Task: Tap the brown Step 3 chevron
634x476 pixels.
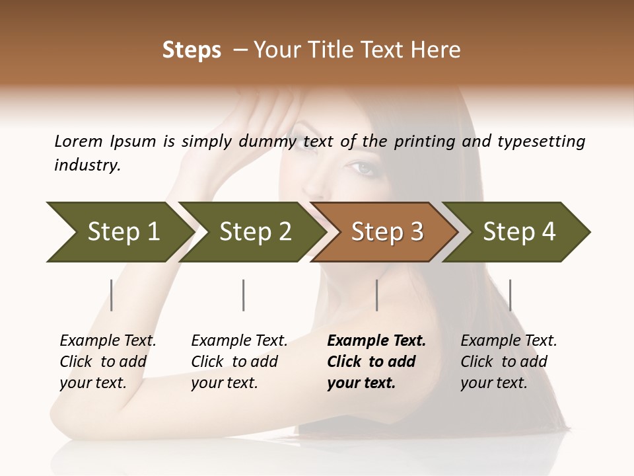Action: tap(385, 231)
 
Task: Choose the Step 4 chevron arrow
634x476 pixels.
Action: tap(517, 231)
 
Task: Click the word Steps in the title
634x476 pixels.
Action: tap(192, 50)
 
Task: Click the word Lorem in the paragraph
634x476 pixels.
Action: tap(78, 141)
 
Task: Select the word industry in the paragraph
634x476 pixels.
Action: tap(87, 165)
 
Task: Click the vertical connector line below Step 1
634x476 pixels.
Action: tap(112, 295)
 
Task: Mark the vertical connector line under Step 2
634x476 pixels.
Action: tap(244, 295)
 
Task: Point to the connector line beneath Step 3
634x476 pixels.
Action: tap(376, 295)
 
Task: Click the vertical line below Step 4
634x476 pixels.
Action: tap(510, 295)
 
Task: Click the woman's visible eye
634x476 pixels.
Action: tap(365, 169)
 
